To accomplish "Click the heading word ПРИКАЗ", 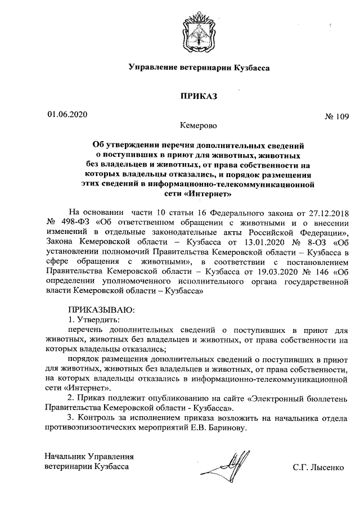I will [199, 96].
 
